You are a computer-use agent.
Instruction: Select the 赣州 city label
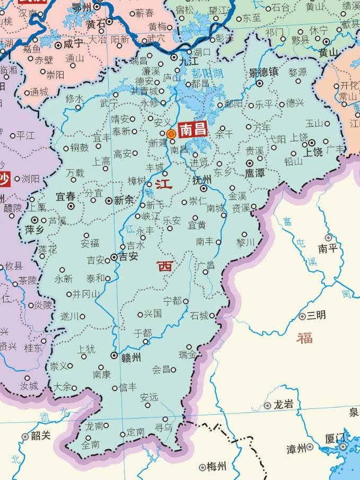(x=129, y=357)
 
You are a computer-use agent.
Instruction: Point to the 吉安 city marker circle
(x=114, y=258)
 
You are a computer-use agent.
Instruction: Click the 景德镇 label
(x=263, y=72)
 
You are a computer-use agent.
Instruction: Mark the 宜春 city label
(x=66, y=197)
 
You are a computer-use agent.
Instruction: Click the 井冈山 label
(x=85, y=294)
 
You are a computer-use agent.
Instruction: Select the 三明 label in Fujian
(x=316, y=315)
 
